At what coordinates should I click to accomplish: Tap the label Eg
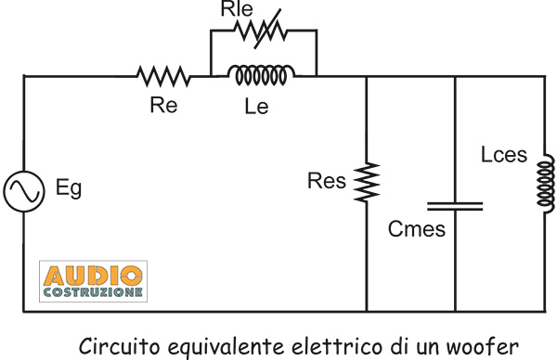[69, 189]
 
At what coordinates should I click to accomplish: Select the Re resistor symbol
[164, 74]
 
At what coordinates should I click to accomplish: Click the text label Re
[162, 105]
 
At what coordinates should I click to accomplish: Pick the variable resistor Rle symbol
[264, 31]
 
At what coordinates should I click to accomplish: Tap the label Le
[257, 107]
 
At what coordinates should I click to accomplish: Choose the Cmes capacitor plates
[455, 202]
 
